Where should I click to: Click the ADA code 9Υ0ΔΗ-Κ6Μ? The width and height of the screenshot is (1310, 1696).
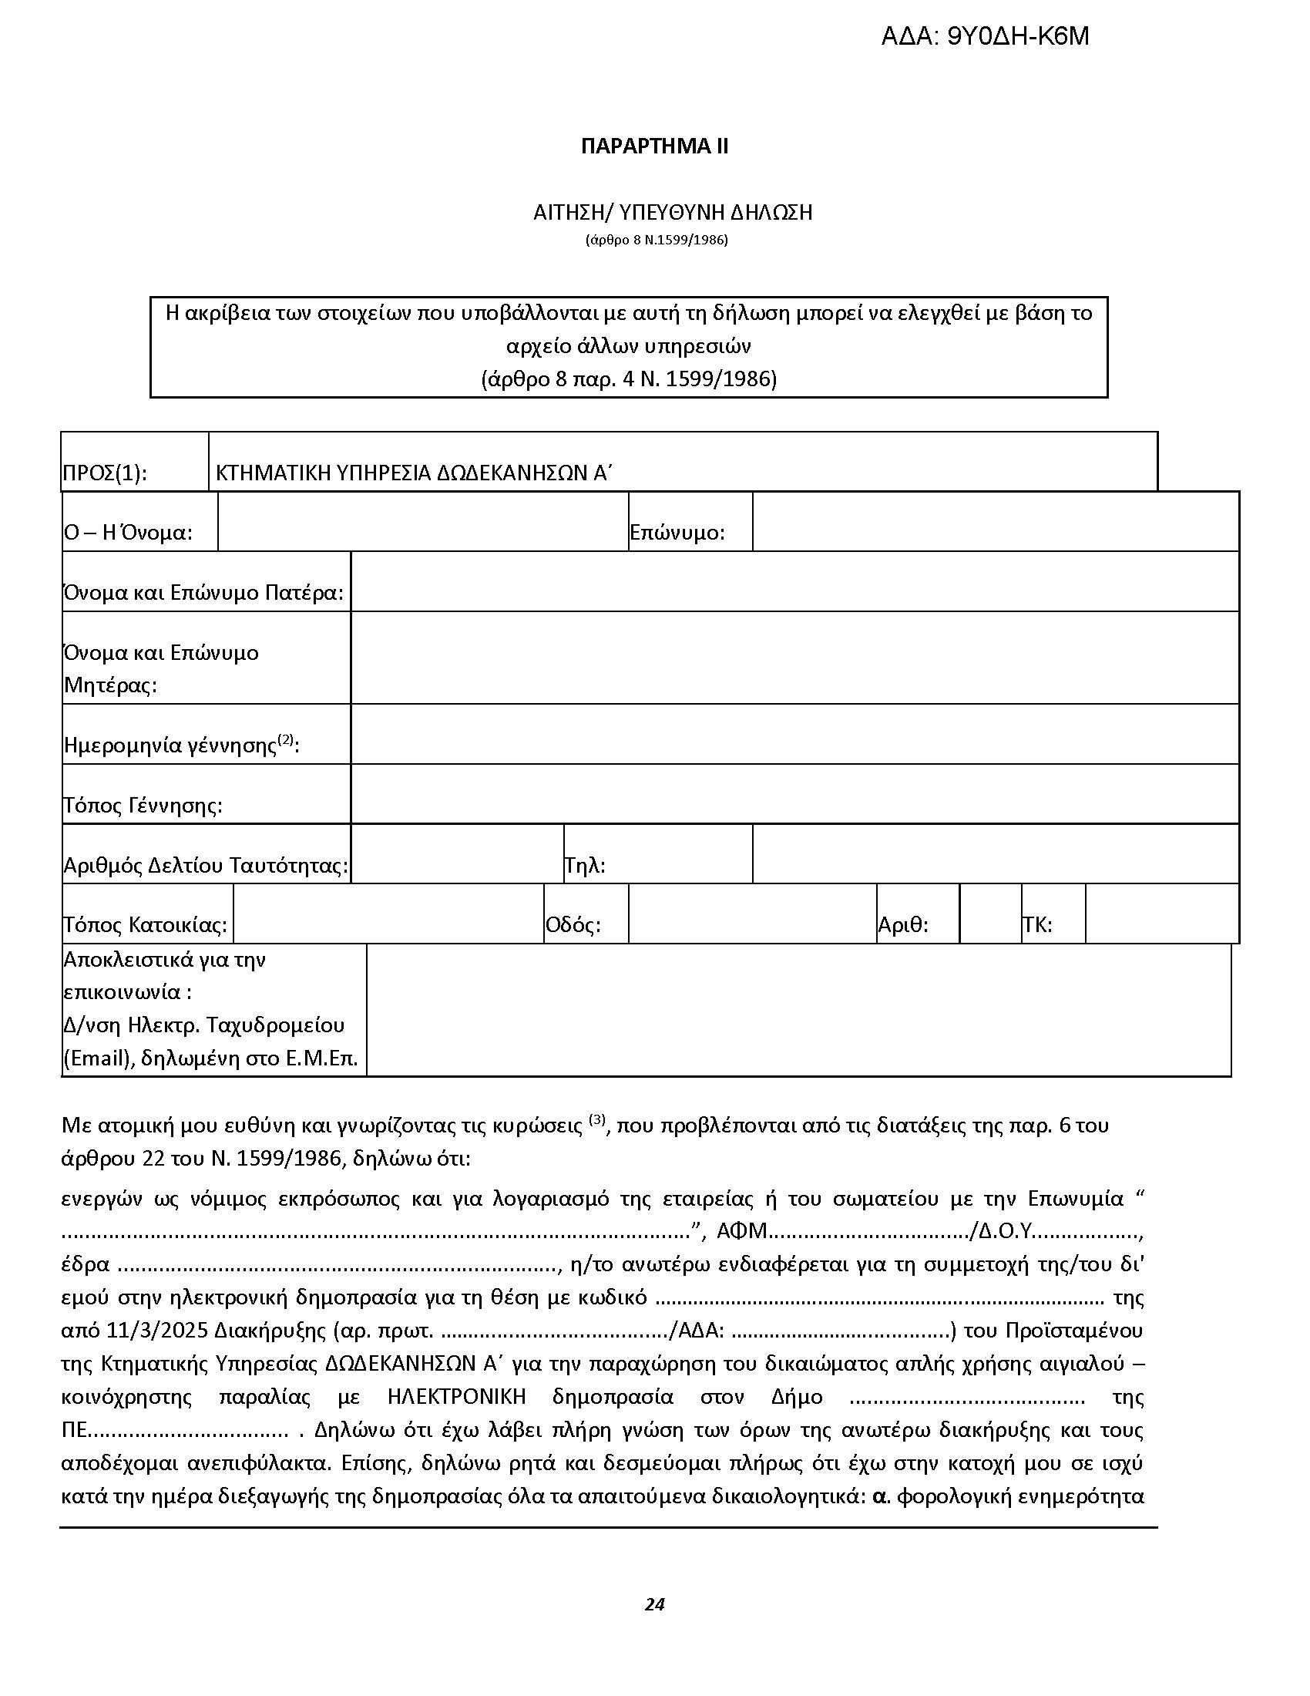coord(985,36)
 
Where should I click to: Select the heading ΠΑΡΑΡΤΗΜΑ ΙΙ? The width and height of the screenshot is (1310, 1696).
coord(654,146)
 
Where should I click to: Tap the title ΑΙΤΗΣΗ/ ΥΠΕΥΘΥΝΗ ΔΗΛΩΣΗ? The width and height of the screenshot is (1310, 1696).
coord(672,213)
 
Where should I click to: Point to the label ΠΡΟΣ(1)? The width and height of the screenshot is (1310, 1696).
coord(104,473)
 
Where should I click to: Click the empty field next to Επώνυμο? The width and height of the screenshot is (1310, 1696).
coord(995,522)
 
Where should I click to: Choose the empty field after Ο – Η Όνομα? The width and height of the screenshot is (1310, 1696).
coord(423,522)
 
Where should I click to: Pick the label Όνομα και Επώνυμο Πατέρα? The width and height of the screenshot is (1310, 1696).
coord(204,593)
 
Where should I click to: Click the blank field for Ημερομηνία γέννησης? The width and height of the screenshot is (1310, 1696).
coord(794,734)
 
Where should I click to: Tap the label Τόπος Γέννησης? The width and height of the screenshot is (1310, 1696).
coord(143,806)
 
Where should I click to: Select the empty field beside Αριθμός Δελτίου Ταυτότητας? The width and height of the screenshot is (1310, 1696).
coord(457,853)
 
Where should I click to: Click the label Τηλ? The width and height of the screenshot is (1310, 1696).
coord(585,865)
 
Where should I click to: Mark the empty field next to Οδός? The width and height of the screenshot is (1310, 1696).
coord(752,914)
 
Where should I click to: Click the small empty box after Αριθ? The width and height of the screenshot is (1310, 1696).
coord(990,914)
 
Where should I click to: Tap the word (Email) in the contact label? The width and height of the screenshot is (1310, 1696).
coord(96,1059)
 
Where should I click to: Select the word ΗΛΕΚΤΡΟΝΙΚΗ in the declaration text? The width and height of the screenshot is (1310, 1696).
coord(456,1397)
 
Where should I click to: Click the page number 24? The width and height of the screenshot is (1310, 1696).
coord(654,1604)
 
